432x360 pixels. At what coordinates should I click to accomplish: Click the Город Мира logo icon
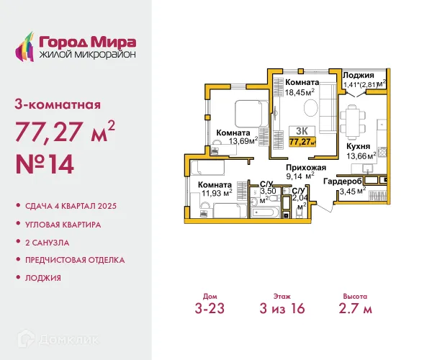[x=24, y=46]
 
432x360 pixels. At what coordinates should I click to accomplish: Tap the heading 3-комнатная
[x=58, y=104]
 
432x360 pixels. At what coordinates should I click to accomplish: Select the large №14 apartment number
[x=45, y=164]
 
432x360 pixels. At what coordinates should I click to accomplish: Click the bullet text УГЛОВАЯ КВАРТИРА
[x=63, y=225]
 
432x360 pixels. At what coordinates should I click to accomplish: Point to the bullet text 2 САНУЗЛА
[x=47, y=243]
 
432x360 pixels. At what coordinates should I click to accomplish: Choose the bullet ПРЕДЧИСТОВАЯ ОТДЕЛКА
[x=75, y=260]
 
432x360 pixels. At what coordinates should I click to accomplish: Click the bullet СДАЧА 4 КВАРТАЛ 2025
[x=71, y=206]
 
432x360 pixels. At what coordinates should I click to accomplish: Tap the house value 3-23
[x=210, y=308]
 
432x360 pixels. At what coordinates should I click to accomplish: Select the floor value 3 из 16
[x=282, y=308]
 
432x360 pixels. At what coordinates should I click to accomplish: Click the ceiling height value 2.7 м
[x=356, y=308]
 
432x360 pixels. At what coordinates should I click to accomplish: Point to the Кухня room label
[x=358, y=146]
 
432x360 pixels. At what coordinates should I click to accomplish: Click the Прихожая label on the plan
[x=306, y=168]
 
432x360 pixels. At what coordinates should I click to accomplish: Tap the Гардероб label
[x=343, y=181]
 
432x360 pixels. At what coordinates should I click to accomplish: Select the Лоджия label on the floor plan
[x=358, y=75]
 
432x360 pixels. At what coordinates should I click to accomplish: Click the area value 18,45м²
[x=300, y=92]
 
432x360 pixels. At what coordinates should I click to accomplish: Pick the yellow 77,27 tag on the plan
[x=302, y=142]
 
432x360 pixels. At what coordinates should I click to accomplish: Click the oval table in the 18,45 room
[x=311, y=108]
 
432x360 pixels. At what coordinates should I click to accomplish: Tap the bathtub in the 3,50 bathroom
[x=264, y=212]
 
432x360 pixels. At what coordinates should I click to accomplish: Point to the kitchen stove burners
[x=382, y=151]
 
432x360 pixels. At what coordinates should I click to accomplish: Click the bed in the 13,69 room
[x=251, y=114]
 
